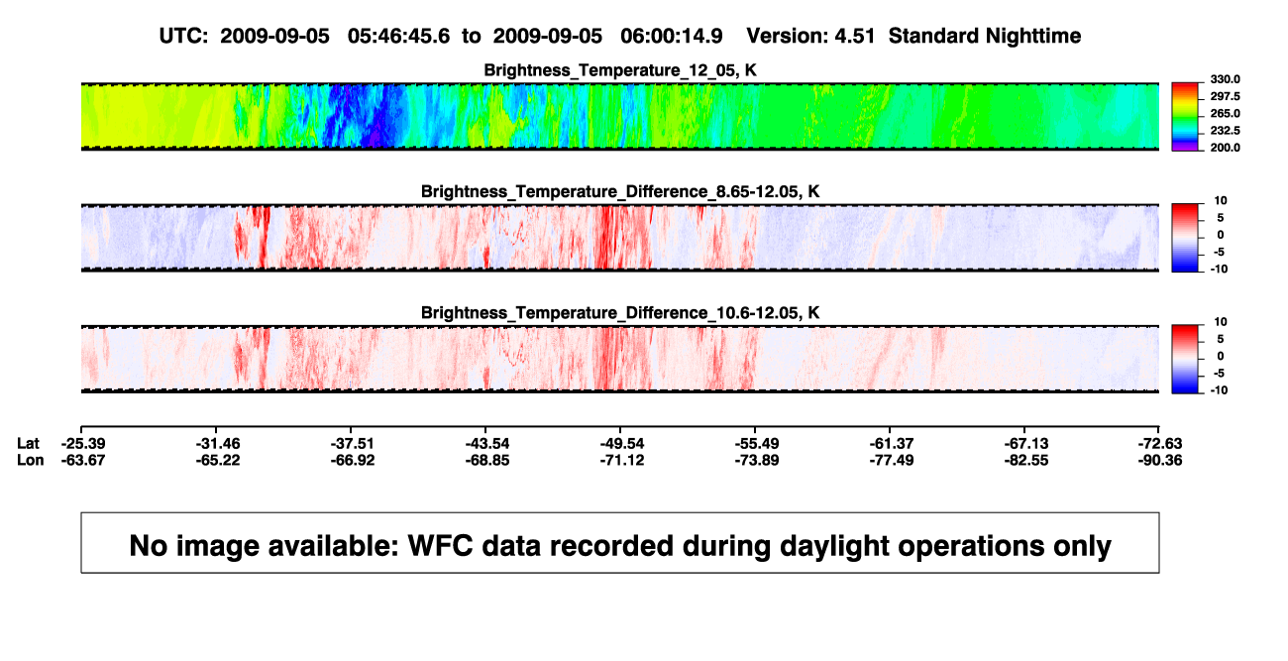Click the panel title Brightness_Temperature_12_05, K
click(x=620, y=70)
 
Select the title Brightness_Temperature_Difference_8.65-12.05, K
click(x=620, y=191)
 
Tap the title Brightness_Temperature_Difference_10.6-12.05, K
click(x=620, y=313)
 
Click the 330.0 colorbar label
click(x=1225, y=79)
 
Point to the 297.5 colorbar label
click(x=1225, y=96)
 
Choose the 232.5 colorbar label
click(x=1225, y=131)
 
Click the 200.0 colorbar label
click(x=1225, y=148)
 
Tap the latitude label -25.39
click(x=83, y=444)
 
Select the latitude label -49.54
click(x=622, y=444)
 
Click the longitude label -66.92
click(x=353, y=460)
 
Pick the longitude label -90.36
click(x=1160, y=460)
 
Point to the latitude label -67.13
click(x=1026, y=444)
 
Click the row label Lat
click(x=28, y=444)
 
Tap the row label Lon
click(x=31, y=460)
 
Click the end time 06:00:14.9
click(x=671, y=37)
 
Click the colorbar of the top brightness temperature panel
click(x=1185, y=117)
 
